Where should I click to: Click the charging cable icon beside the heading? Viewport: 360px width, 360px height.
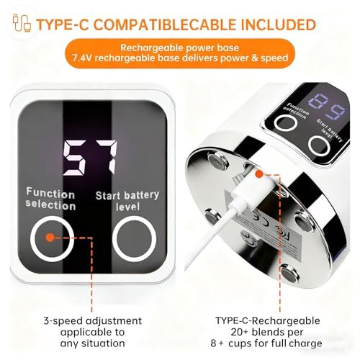tap(22, 23)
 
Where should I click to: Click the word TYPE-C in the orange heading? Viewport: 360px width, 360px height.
tap(63, 24)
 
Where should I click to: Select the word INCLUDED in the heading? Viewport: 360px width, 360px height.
tap(278, 24)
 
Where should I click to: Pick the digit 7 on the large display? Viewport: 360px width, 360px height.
tap(107, 157)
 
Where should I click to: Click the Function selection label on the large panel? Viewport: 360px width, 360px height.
tap(50, 199)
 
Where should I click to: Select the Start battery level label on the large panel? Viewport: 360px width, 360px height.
tap(127, 201)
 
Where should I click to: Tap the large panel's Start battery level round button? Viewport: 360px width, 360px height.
tap(135, 238)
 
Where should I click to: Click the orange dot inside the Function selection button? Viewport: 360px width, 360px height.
tap(50, 238)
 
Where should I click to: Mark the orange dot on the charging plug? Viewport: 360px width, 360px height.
tap(259, 174)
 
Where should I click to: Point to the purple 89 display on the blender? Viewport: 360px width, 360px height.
tap(326, 106)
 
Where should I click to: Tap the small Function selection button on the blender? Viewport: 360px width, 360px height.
tap(286, 123)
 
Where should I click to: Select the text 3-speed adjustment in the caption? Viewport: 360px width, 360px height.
tap(93, 321)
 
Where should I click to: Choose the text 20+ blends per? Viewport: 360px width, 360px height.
tap(267, 332)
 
